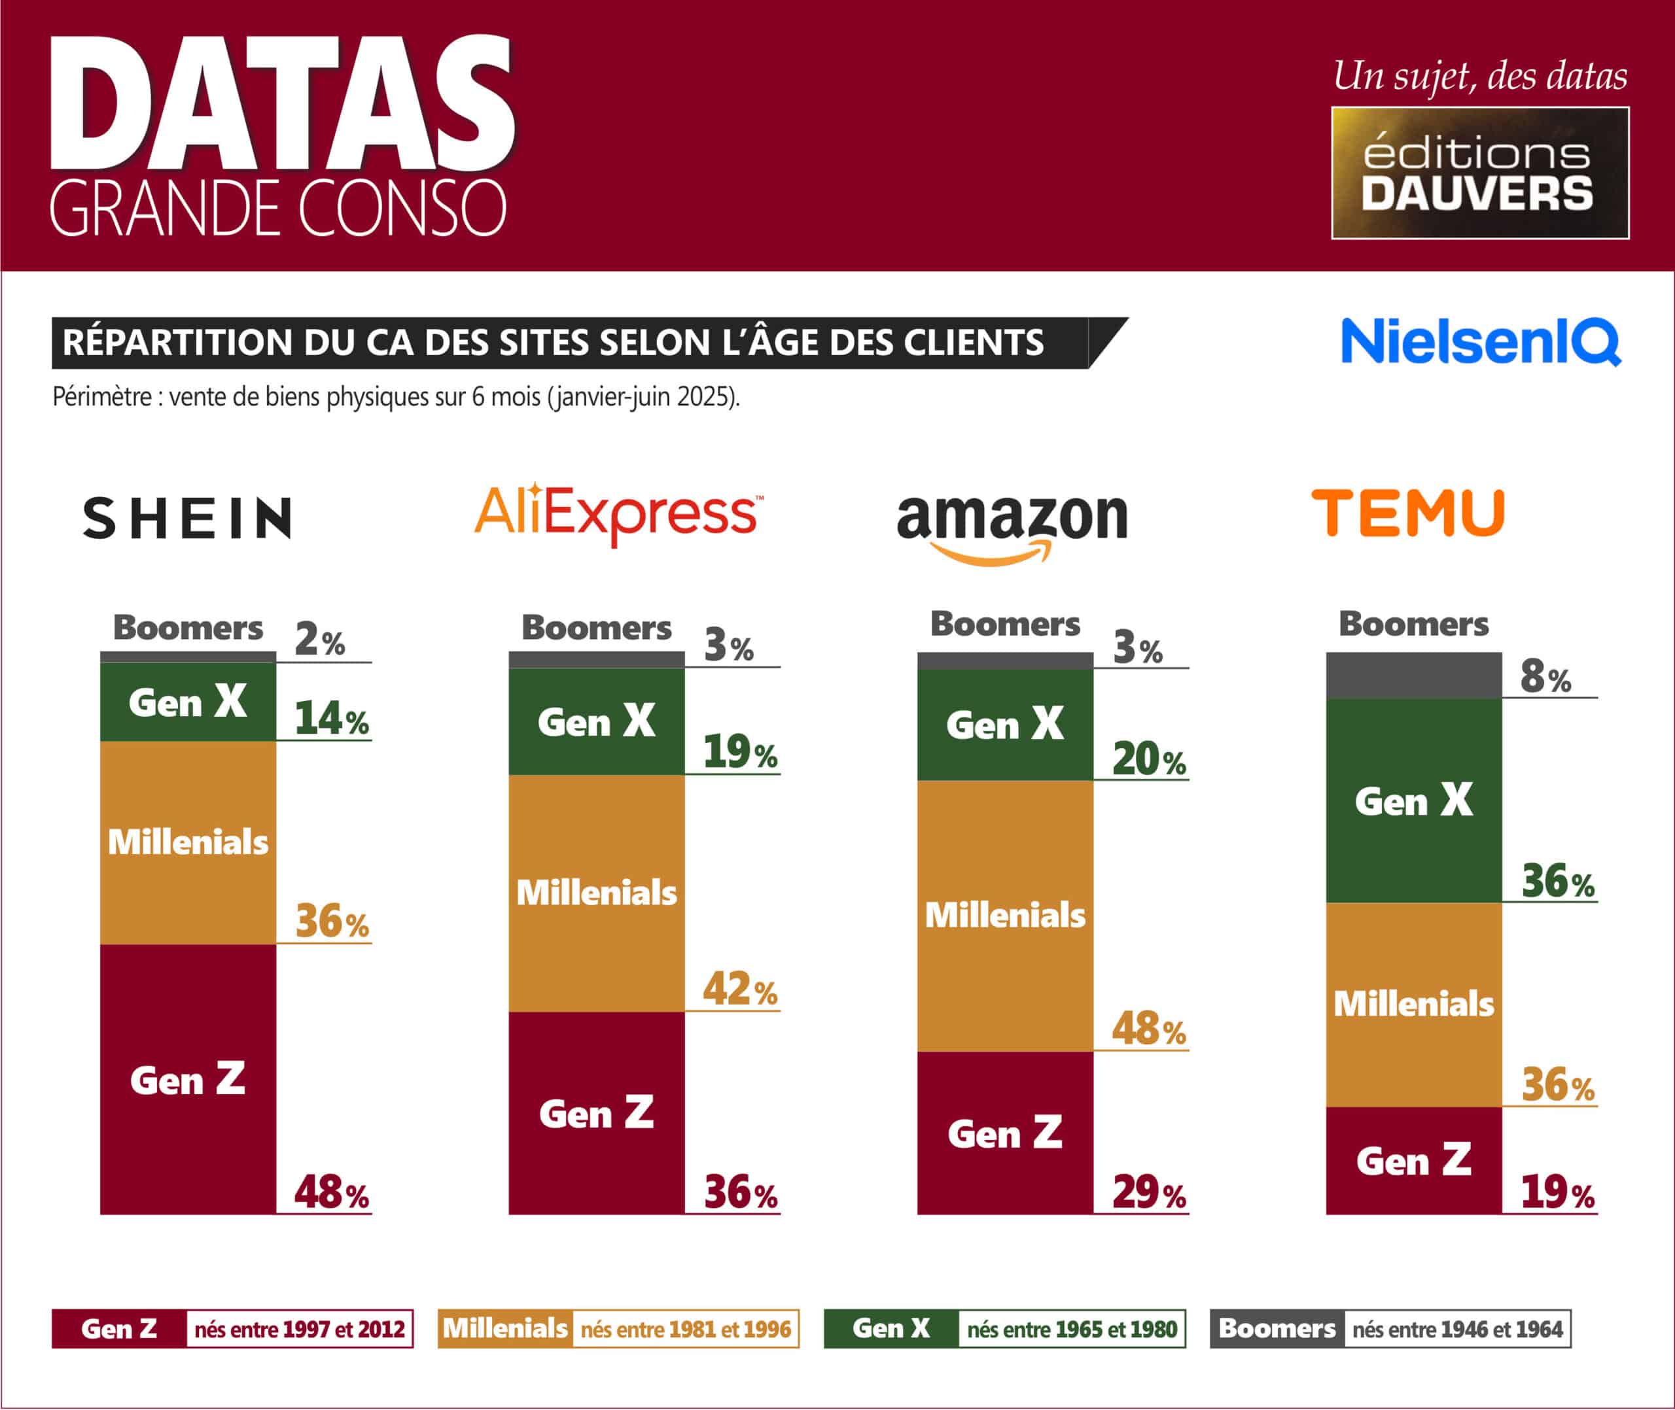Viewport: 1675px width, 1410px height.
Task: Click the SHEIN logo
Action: coord(187,518)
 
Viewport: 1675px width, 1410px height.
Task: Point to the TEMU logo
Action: coord(1408,513)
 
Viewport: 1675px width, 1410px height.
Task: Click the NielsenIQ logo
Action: coord(1480,342)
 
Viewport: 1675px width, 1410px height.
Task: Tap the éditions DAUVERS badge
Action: coord(1480,173)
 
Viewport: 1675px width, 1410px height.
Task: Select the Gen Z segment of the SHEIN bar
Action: coord(188,1079)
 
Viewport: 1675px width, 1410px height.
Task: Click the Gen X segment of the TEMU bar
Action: coord(1413,801)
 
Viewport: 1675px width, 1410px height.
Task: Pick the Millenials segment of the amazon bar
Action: coord(1005,915)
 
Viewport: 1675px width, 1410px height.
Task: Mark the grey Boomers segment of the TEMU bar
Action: coord(1413,676)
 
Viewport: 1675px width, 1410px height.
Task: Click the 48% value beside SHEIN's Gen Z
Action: coord(332,1193)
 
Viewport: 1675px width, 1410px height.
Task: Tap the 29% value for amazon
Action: coord(1149,1193)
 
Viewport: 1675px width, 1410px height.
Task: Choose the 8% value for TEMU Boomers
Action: coord(1545,677)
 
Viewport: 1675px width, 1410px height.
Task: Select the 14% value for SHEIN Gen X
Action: coord(332,719)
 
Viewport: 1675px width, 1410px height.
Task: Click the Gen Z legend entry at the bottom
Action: coord(119,1328)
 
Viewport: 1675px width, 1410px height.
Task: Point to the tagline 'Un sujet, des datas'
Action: coord(1480,77)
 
